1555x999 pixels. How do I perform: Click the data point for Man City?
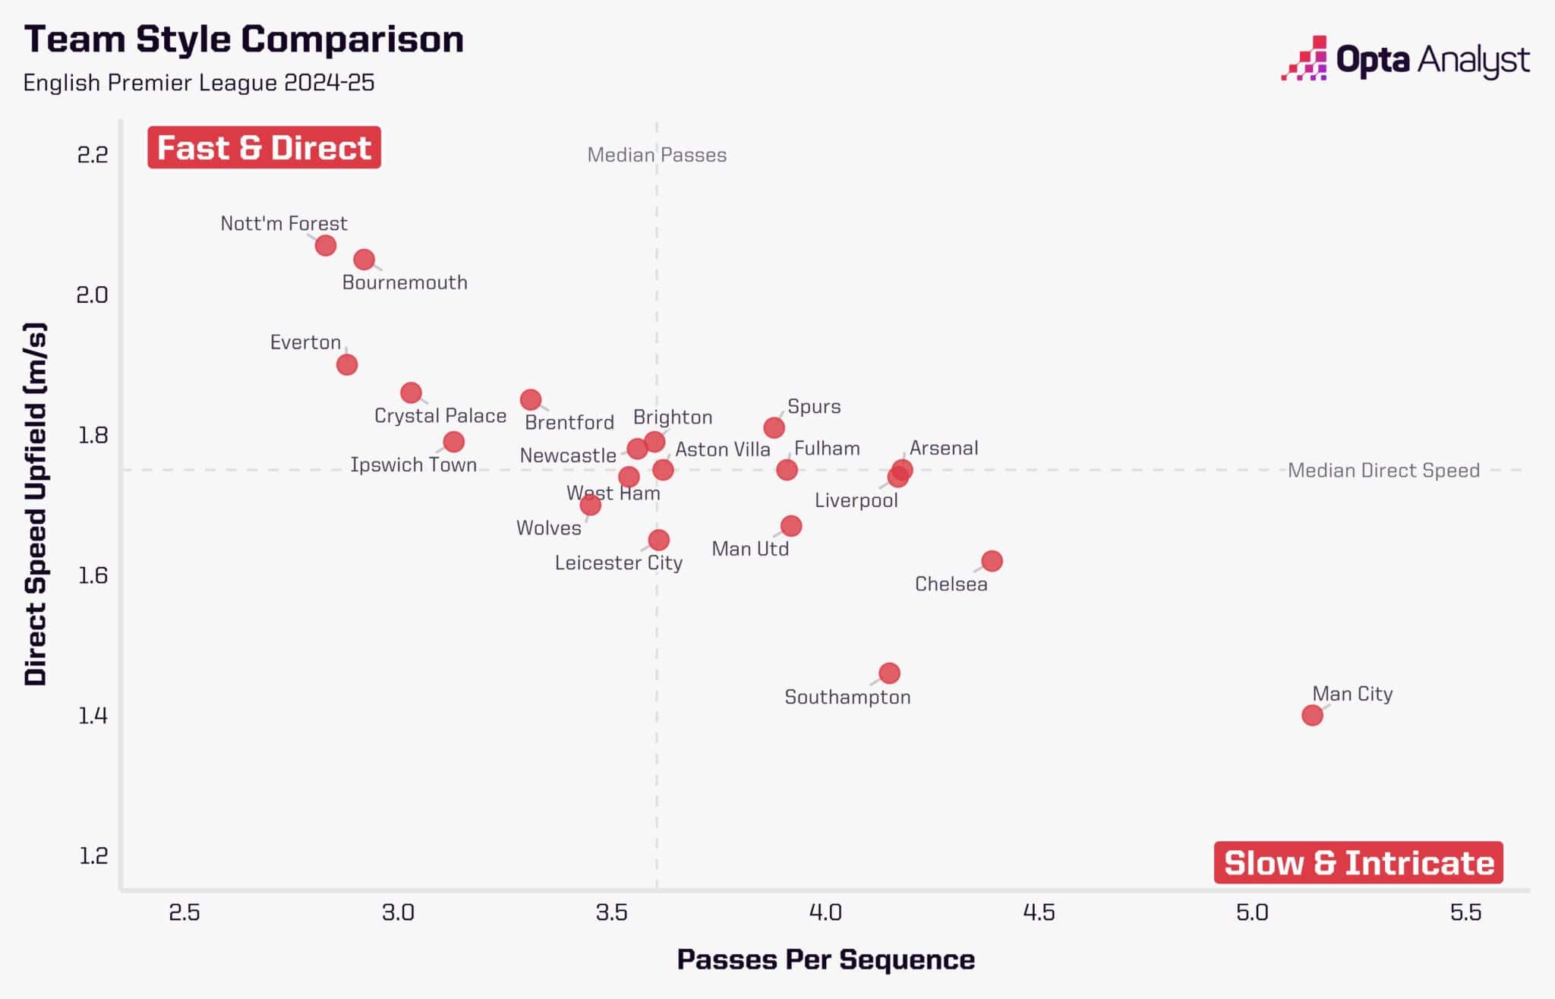click(1312, 715)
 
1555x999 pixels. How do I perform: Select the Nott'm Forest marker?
click(326, 245)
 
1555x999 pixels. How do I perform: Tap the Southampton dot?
click(889, 673)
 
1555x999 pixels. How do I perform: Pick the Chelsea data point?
click(992, 561)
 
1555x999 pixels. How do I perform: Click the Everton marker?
click(347, 364)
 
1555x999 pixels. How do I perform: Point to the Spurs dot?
click(774, 427)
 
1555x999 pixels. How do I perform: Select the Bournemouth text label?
click(405, 282)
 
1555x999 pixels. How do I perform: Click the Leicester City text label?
click(619, 563)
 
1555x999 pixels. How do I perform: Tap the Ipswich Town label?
click(414, 465)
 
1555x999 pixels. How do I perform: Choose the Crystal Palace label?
click(440, 416)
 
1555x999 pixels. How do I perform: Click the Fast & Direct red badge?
click(264, 147)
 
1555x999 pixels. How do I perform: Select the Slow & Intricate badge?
click(1358, 862)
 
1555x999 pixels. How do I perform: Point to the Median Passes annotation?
click(657, 155)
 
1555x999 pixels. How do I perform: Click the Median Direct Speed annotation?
click(1383, 471)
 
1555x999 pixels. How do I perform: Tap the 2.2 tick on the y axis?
click(93, 155)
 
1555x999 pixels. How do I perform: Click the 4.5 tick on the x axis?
click(1039, 912)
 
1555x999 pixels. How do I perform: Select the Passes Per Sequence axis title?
click(825, 960)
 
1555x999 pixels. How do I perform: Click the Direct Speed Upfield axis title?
click(36, 504)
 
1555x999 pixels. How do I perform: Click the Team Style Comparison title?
click(244, 39)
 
